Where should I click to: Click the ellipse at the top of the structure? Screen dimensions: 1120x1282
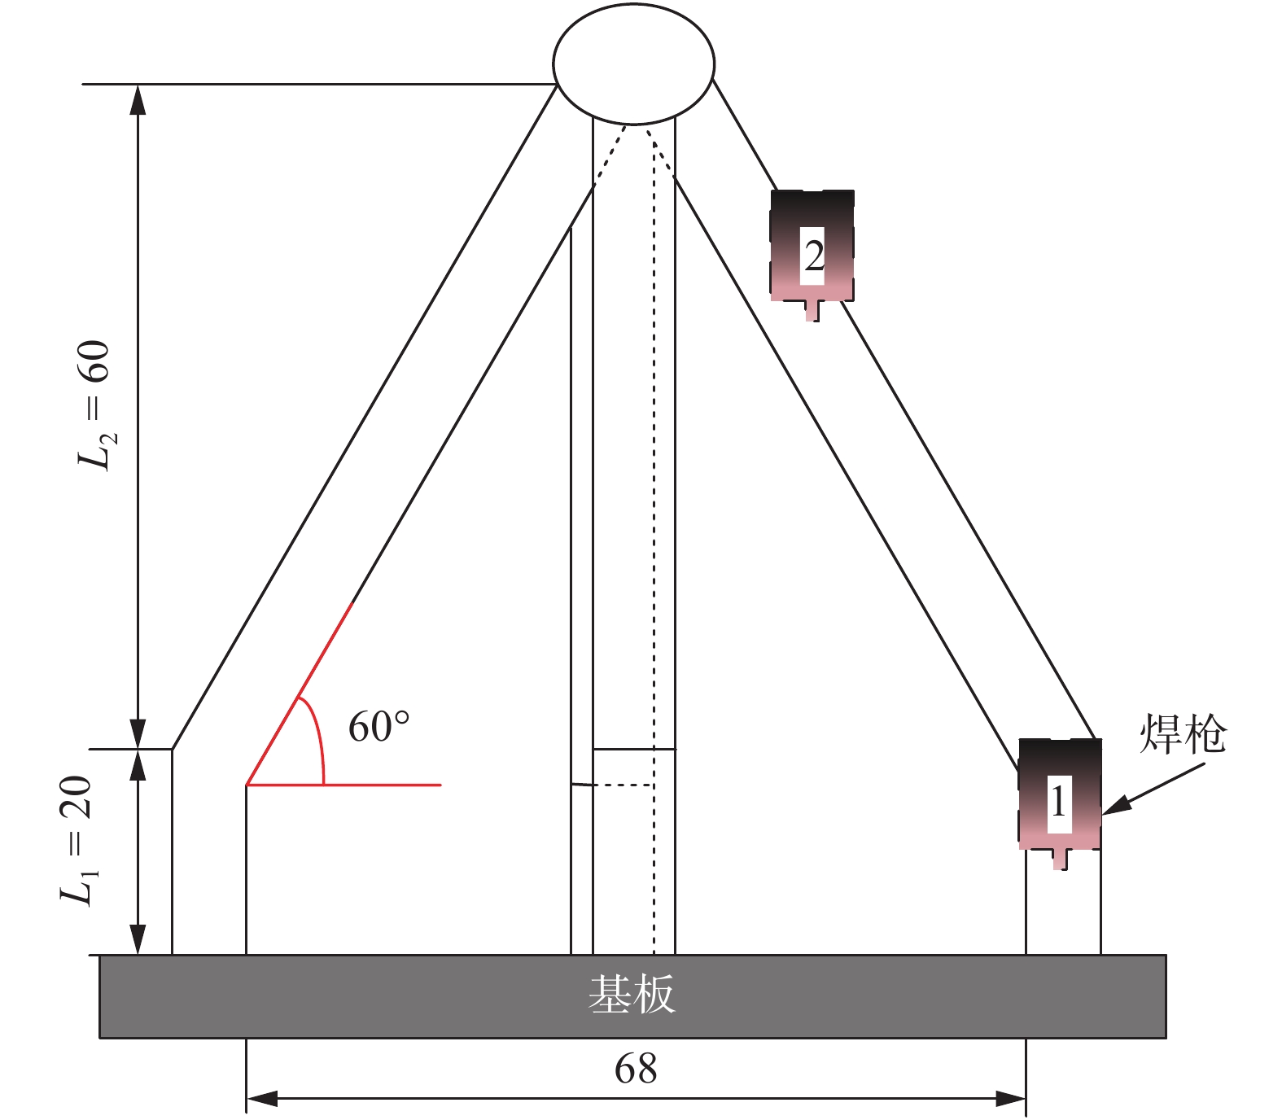pos(633,63)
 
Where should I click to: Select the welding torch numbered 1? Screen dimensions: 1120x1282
pos(1060,794)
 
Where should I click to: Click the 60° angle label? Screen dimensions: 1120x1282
pos(378,727)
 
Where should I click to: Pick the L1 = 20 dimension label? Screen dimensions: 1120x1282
pos(78,840)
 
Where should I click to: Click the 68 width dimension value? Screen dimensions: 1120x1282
pos(636,1069)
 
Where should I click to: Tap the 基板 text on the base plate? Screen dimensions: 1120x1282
pos(632,995)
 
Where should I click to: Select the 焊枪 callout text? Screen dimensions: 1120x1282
pos(1182,734)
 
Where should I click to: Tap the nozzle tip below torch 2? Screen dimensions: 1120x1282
pos(812,312)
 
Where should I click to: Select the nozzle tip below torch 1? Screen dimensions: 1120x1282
pos(1059,860)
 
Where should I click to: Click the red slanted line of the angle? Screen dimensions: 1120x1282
pos(299,693)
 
